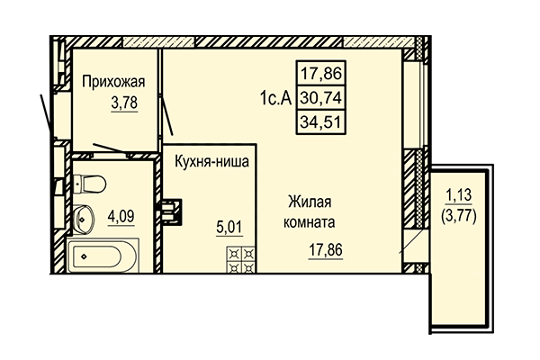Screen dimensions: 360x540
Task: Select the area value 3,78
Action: click(x=124, y=103)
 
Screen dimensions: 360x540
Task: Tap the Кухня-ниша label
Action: click(x=211, y=161)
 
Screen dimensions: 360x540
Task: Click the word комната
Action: click(x=312, y=221)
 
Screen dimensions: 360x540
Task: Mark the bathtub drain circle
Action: click(x=84, y=257)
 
